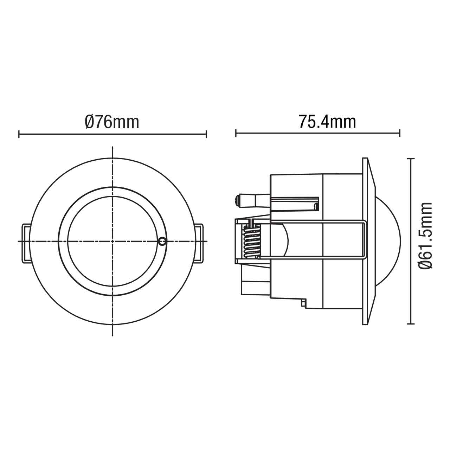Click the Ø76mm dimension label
pyautogui.click(x=112, y=122)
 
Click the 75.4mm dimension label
pyautogui.click(x=327, y=122)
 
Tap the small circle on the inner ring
pyautogui.click(x=162, y=241)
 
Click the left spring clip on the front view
pyautogui.click(x=26, y=243)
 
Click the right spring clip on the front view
pyautogui.click(x=199, y=243)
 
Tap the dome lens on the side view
pyautogui.click(x=388, y=241)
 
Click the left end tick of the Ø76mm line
pyautogui.click(x=19, y=134)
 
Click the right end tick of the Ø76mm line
pyautogui.click(x=206, y=134)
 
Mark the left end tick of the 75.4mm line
pyautogui.click(x=236, y=133)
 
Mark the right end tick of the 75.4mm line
pyautogui.click(x=400, y=133)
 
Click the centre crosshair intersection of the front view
pyautogui.click(x=112, y=241)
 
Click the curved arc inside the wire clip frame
pyautogui.click(x=285, y=241)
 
